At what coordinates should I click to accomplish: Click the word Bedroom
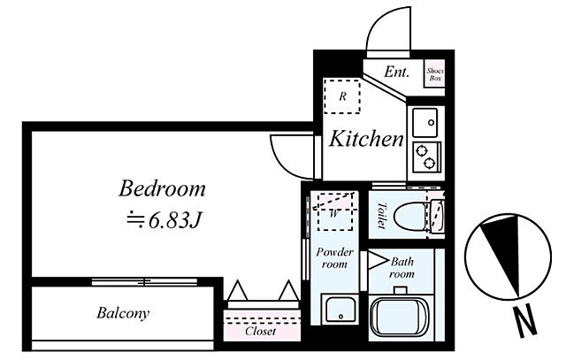point(162,188)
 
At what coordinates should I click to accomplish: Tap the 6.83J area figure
point(175,220)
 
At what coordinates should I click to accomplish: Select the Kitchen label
point(366,139)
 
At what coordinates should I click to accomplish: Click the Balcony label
point(123,313)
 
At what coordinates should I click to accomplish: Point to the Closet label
point(260,331)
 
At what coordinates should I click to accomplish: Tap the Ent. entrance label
point(397,72)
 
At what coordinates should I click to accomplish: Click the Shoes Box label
point(435,74)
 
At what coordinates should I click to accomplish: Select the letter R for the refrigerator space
point(342,96)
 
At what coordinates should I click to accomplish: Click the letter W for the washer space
point(334,214)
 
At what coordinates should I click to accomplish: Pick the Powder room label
point(334,257)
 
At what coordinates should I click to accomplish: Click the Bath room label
point(402,267)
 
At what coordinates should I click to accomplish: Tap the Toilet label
point(381,216)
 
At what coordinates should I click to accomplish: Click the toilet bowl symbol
point(410,217)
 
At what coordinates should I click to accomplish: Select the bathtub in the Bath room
point(401,317)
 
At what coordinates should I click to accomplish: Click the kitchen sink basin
point(424,123)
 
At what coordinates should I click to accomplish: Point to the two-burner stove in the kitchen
point(426,157)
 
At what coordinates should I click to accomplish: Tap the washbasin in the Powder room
point(340,309)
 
